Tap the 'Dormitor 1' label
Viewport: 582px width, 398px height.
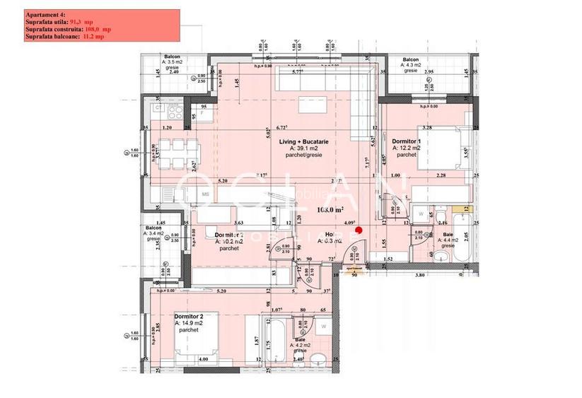(406, 141)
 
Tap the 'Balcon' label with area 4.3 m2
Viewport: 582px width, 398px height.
(410, 60)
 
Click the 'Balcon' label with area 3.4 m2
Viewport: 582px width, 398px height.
(154, 228)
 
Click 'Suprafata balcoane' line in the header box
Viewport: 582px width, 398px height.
(53, 37)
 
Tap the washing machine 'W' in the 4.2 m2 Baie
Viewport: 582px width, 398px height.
(322, 327)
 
